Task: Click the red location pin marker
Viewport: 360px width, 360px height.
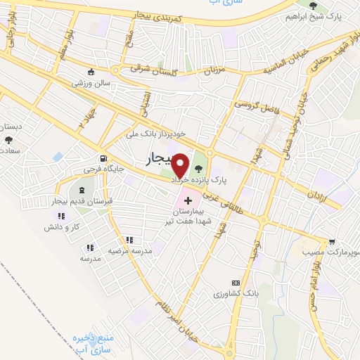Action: tap(181, 166)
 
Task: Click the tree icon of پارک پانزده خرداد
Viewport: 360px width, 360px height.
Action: tap(199, 167)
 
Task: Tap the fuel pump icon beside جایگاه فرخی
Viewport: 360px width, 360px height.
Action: tap(104, 158)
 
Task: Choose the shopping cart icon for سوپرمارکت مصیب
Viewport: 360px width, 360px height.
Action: tap(331, 241)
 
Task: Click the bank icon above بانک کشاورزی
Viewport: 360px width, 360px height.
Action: tap(235, 282)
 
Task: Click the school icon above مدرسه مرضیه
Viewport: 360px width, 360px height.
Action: tap(129, 240)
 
